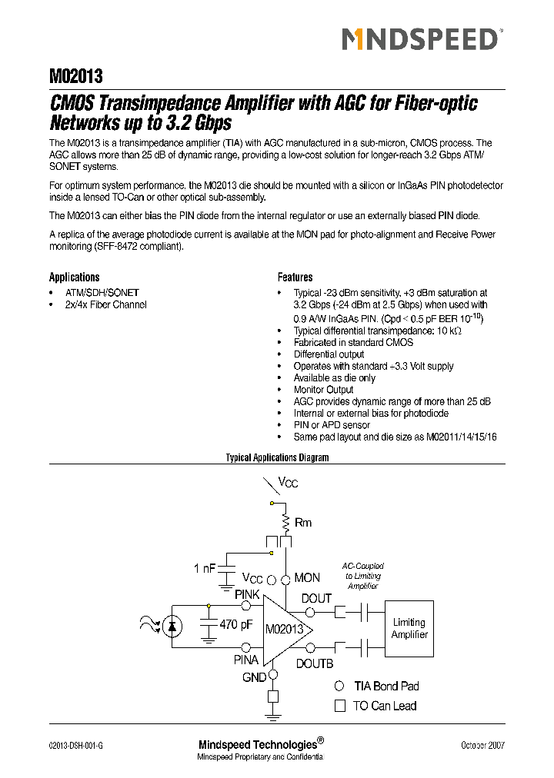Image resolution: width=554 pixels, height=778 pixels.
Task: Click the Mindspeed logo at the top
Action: [x=421, y=38]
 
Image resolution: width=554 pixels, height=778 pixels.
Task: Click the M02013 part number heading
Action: [x=76, y=76]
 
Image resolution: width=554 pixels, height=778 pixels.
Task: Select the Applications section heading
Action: [x=75, y=277]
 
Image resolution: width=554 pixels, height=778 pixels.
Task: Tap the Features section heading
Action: [x=295, y=277]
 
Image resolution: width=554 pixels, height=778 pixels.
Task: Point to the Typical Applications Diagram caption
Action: [x=277, y=457]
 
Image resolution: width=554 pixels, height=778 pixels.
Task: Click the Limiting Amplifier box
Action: [x=409, y=628]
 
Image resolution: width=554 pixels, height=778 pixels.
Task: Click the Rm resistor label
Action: [x=303, y=523]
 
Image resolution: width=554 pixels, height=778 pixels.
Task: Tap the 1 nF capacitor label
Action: [x=205, y=568]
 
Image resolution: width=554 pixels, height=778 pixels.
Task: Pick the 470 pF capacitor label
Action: [x=236, y=625]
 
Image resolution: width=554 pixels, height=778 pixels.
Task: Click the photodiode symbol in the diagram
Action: [x=172, y=627]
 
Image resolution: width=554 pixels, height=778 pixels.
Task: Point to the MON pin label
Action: [x=307, y=577]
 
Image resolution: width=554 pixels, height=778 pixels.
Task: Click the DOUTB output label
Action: [x=315, y=663]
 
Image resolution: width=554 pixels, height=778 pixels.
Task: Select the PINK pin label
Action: [x=247, y=594]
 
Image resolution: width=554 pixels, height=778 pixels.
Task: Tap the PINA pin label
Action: [x=247, y=660]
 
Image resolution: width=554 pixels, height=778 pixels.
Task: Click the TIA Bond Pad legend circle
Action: [x=339, y=686]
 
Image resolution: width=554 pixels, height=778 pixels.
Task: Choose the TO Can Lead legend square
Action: [x=339, y=705]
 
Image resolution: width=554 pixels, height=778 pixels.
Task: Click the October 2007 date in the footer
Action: [x=482, y=745]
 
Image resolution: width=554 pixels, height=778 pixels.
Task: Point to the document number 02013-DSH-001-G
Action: [x=75, y=745]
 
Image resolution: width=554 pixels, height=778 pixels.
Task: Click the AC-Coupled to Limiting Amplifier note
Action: [x=363, y=576]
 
